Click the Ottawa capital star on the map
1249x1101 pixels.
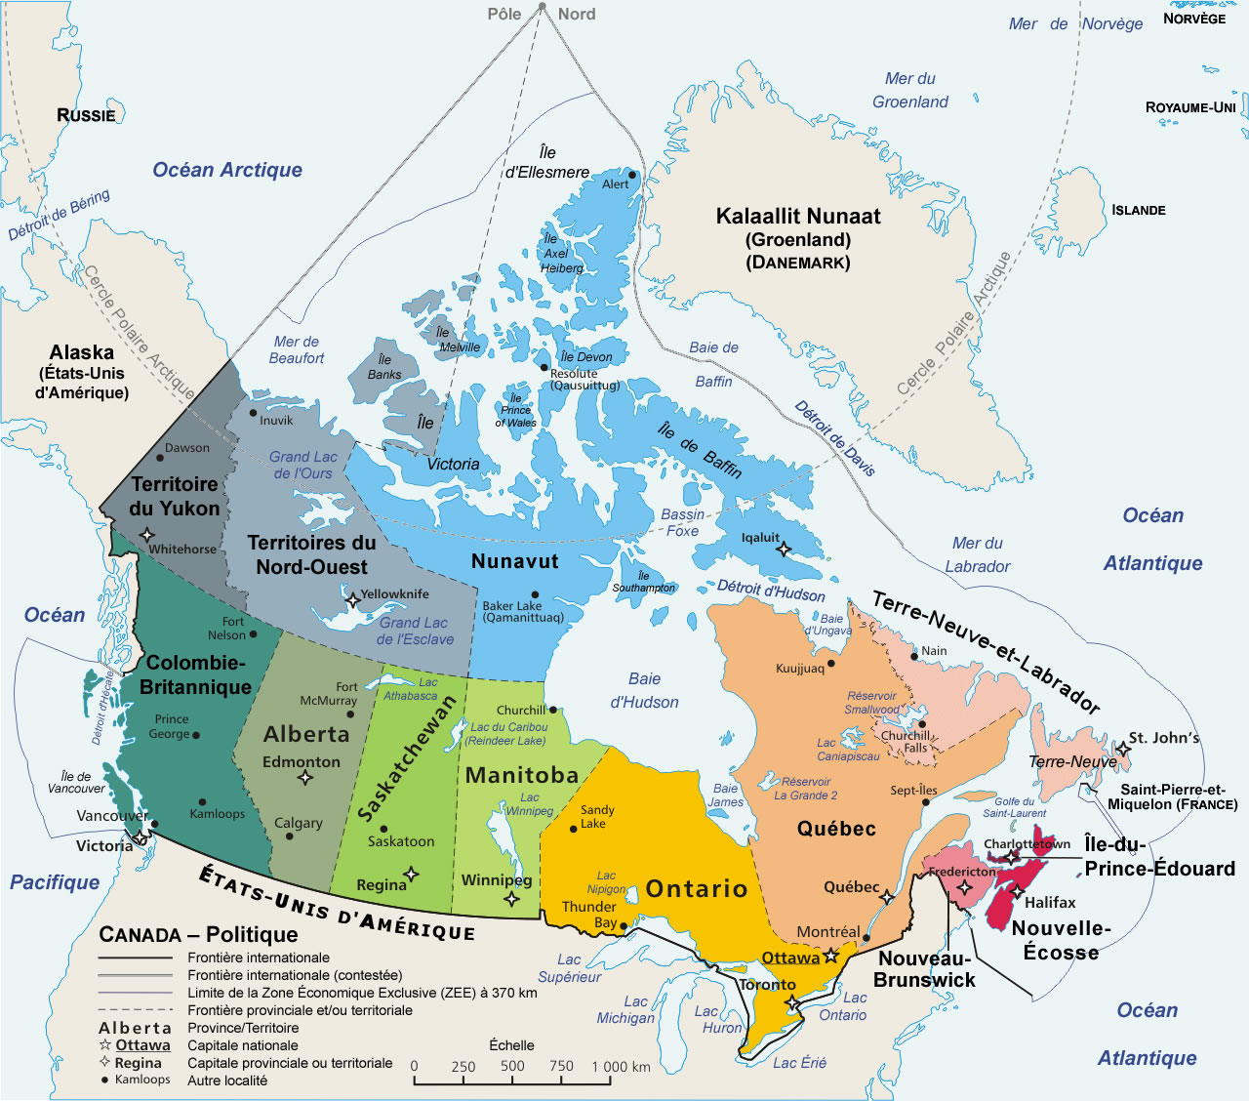pyautogui.click(x=831, y=958)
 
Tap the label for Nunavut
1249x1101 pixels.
pyautogui.click(x=514, y=561)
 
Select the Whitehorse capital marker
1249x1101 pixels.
pyautogui.click(x=147, y=534)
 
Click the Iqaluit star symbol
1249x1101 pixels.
pyautogui.click(x=784, y=550)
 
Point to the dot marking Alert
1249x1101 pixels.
pyautogui.click(x=632, y=176)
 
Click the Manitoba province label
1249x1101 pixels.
pyautogui.click(x=522, y=775)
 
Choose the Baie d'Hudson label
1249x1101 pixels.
pyautogui.click(x=644, y=690)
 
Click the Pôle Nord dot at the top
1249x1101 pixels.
pyautogui.click(x=543, y=7)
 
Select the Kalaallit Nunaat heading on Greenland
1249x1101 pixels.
pyautogui.click(x=798, y=217)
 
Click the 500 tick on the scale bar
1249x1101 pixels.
pyautogui.click(x=512, y=1067)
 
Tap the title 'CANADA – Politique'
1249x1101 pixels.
pyautogui.click(x=198, y=935)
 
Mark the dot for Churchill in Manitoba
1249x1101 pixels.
pyautogui.click(x=552, y=710)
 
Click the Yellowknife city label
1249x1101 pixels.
pyautogui.click(x=394, y=593)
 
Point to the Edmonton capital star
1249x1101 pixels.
pyautogui.click(x=305, y=778)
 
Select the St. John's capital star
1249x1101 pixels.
pyautogui.click(x=1123, y=749)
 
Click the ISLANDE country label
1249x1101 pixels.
pyautogui.click(x=1138, y=210)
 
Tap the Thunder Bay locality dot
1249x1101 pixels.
pyautogui.click(x=624, y=922)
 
